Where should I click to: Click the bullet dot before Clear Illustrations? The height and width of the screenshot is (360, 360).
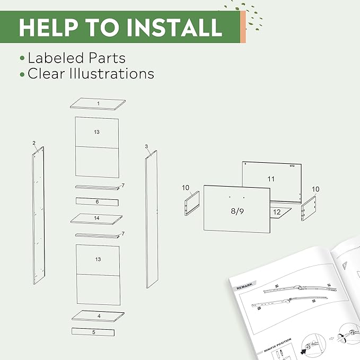click(22, 74)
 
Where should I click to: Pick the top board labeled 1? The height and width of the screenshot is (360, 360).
click(98, 104)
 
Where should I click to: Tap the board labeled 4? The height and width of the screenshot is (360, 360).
click(99, 315)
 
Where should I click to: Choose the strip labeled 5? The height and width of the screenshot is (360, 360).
click(93, 332)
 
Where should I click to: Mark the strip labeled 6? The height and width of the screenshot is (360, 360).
click(97, 201)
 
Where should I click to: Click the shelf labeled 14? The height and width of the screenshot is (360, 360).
click(96, 218)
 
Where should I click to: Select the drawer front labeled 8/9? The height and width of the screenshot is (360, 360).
click(236, 210)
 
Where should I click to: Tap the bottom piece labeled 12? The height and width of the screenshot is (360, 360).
click(277, 212)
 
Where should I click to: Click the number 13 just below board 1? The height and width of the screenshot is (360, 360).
click(96, 131)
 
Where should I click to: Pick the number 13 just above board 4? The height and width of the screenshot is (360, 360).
click(98, 259)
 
